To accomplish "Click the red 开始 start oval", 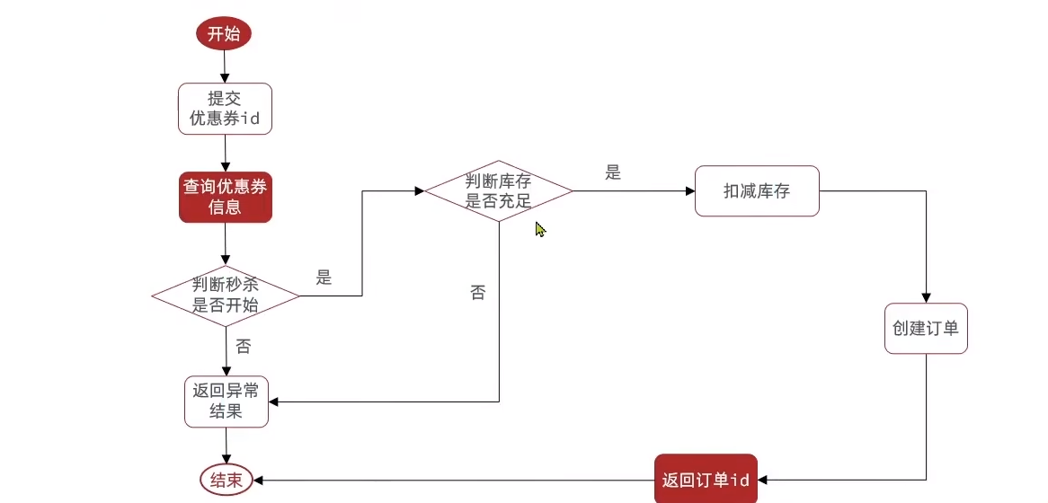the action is (224, 34).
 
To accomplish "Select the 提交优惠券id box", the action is (225, 109).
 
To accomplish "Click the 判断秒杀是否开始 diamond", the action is (225, 295).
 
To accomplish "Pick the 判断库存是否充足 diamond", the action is (498, 190).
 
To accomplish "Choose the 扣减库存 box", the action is (757, 190).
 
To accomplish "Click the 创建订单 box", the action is (926, 328).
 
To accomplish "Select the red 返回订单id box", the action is (706, 480).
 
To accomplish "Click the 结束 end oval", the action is (226, 480).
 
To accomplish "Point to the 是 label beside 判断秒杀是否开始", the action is (324, 278).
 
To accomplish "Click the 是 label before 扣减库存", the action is (613, 173).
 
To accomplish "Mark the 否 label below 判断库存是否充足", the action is (478, 293).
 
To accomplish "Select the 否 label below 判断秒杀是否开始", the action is (244, 347).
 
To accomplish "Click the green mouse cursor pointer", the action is (540, 229).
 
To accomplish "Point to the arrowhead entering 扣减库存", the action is (690, 190).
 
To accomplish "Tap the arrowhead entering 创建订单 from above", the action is (926, 297).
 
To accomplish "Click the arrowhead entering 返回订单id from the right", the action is (762, 480).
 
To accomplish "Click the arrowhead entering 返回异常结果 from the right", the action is (273, 402).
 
